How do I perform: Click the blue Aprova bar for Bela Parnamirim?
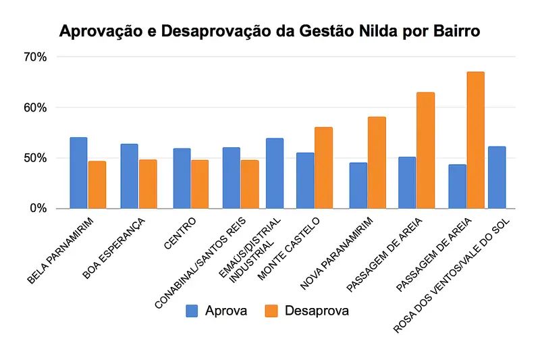[78, 173]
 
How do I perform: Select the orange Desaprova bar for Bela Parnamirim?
[97, 184]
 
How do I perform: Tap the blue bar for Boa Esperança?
[129, 176]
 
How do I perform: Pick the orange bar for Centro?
[200, 184]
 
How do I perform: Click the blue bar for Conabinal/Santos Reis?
[232, 178]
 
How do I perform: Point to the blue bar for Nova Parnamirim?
[358, 185]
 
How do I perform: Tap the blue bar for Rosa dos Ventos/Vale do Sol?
[497, 177]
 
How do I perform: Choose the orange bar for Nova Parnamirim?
[377, 162]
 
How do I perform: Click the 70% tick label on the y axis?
[34, 57]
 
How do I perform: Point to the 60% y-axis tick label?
[34, 108]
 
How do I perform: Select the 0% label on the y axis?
[37, 209]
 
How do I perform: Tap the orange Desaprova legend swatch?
[272, 311]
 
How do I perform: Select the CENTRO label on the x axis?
[180, 234]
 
